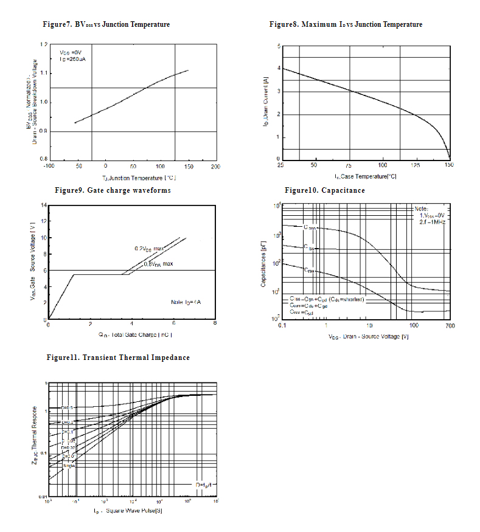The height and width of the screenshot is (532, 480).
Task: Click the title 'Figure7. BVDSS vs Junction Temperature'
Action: (x=105, y=24)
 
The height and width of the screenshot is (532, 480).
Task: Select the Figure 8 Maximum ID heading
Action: (x=346, y=24)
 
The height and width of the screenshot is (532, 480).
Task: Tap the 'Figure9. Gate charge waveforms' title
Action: (x=113, y=190)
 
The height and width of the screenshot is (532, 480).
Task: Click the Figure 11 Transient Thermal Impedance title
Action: (x=118, y=358)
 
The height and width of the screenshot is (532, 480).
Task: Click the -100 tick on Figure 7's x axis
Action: (x=49, y=166)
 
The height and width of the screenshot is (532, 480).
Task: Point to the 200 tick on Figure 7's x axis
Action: (x=215, y=166)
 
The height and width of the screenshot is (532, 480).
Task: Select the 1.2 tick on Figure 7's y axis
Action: (x=43, y=45)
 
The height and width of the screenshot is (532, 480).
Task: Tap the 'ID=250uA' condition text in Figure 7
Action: (x=71, y=60)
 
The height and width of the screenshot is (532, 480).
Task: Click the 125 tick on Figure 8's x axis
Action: (x=416, y=165)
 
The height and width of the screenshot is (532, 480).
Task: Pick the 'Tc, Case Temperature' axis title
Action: (x=364, y=176)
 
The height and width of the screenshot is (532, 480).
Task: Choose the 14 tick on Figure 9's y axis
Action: (x=43, y=205)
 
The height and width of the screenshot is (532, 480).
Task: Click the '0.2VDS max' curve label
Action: (x=150, y=249)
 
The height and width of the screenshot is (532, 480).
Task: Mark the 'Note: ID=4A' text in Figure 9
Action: (x=187, y=302)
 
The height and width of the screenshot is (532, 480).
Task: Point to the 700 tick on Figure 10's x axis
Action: (x=450, y=326)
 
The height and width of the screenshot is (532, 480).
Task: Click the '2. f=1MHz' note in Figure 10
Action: (x=432, y=223)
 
